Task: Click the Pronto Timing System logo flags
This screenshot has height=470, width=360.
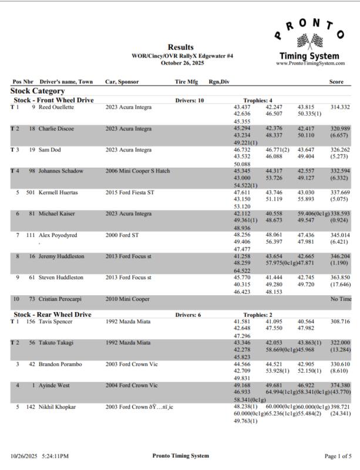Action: [309, 42]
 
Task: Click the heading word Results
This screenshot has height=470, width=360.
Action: [180, 47]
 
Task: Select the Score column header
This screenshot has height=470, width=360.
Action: [336, 82]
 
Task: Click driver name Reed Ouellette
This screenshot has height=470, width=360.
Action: [56, 107]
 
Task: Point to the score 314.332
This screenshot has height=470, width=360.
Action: [340, 107]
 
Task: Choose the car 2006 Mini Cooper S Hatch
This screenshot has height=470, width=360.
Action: [137, 171]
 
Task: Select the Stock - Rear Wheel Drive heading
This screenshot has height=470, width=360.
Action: [52, 315]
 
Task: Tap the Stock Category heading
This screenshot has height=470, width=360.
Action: [38, 92]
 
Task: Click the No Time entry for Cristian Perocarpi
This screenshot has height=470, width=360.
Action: [341, 299]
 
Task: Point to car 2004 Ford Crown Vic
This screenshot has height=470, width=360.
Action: [132, 385]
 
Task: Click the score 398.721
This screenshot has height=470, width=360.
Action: [340, 406]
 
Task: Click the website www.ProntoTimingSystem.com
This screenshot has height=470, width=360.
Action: [309, 63]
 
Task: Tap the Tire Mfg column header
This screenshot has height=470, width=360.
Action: [186, 82]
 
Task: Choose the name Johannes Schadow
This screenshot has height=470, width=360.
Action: [60, 171]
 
